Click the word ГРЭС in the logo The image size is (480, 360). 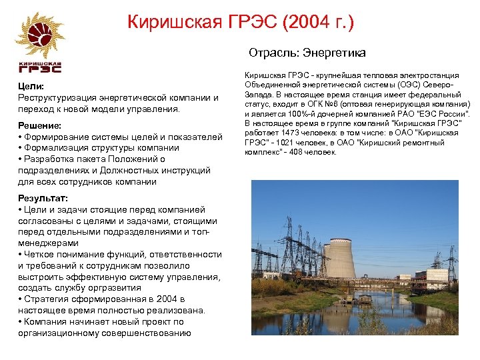pyautogui.click(x=40, y=68)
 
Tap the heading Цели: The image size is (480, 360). pyautogui.click(x=31, y=86)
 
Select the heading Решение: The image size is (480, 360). pyautogui.click(x=39, y=125)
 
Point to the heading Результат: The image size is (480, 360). pyautogui.click(x=43, y=199)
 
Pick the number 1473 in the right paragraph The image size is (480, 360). pyautogui.click(x=285, y=133)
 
